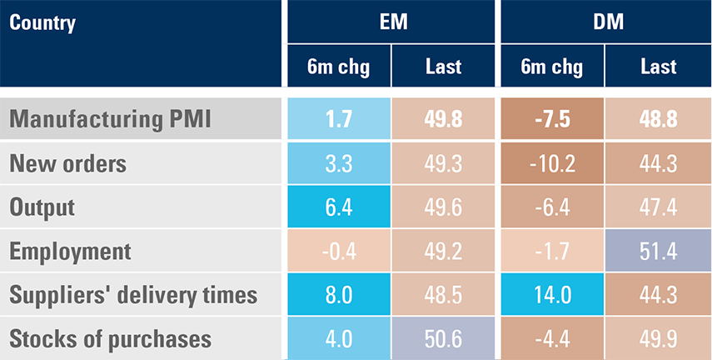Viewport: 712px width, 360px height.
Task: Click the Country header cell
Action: tap(43, 22)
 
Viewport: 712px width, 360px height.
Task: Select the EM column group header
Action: tap(391, 22)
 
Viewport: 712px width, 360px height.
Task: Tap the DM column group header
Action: tap(605, 22)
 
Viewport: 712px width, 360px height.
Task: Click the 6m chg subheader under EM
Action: tap(339, 67)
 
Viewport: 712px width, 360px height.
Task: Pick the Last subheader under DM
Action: tap(658, 67)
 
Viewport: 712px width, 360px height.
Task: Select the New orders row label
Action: tap(68, 163)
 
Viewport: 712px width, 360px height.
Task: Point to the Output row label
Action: tap(42, 207)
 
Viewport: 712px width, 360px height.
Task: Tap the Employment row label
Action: tap(71, 252)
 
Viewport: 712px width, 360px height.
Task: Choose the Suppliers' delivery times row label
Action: tap(133, 295)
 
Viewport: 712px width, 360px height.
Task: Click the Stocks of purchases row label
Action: tap(110, 339)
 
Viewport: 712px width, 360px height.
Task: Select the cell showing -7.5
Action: tap(551, 119)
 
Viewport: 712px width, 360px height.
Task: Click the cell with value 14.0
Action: tap(551, 295)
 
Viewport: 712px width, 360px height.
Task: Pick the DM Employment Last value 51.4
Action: tap(658, 252)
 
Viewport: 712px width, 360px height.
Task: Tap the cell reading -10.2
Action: tap(551, 163)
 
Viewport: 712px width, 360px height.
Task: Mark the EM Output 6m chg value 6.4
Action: tap(339, 207)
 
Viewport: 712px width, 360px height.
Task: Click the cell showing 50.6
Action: tap(443, 339)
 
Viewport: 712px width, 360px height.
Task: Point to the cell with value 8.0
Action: tap(339, 295)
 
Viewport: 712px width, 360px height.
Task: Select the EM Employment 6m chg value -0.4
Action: tap(339, 252)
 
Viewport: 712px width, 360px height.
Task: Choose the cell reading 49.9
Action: tap(658, 339)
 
